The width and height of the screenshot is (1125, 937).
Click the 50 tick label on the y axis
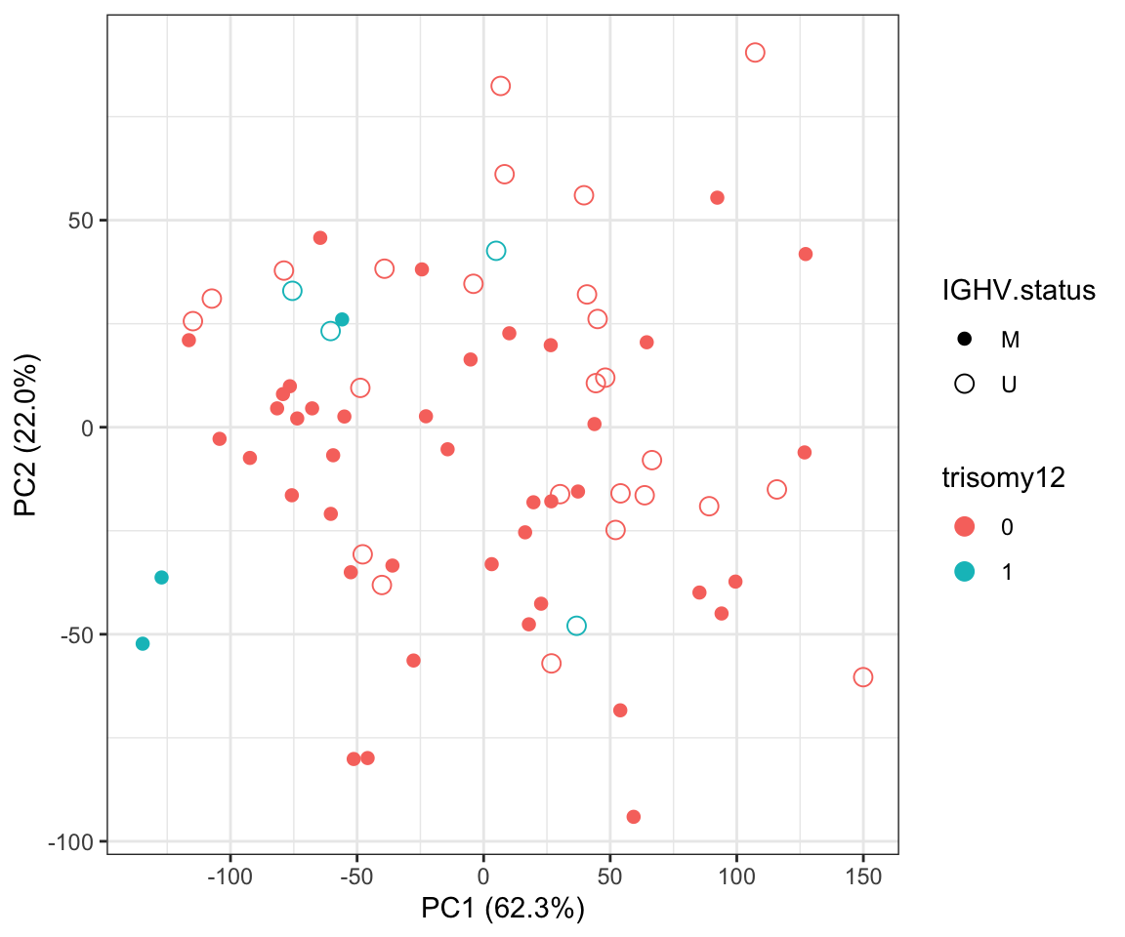(79, 221)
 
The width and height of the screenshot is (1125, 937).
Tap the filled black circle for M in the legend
(965, 339)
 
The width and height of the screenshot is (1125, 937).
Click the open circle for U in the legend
(965, 384)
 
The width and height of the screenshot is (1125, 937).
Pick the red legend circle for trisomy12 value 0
(965, 527)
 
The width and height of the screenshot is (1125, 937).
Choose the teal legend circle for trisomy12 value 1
(965, 572)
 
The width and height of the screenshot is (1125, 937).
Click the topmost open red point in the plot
(755, 53)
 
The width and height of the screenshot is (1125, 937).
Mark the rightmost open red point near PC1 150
(862, 677)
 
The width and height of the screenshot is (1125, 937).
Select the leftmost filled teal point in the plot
(143, 643)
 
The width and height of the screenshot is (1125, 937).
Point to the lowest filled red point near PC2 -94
(634, 817)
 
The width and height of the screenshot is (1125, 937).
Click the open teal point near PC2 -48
(576, 626)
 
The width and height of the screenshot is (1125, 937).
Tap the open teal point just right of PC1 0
(496, 251)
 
